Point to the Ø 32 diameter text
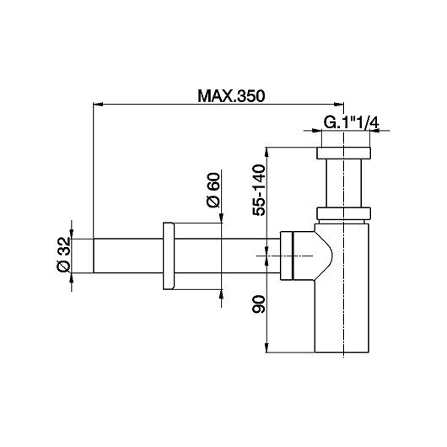click(x=62, y=254)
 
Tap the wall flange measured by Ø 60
click(x=166, y=256)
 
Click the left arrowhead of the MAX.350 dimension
click(x=96, y=105)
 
